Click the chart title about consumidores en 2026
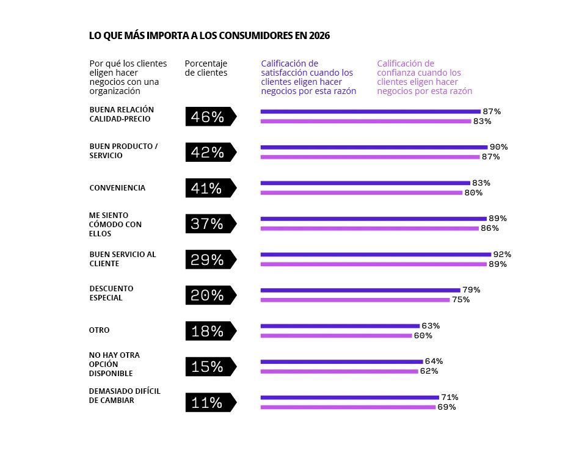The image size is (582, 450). pos(209,36)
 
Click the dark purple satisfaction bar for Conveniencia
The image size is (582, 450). pos(365,183)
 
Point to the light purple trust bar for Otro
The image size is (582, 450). pos(336,335)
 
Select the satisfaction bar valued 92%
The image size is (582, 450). pos(376,254)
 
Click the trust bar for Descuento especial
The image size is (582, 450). pos(355,300)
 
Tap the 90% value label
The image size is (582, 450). pos(498,147)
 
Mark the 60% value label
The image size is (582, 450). pos(423,335)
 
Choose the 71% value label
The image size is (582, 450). pos(449,397)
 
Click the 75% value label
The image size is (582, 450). pos(460,300)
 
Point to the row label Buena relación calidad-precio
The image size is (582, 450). pos(122,114)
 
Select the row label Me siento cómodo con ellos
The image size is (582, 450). pos(115,224)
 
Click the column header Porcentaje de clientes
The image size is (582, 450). pos(206,68)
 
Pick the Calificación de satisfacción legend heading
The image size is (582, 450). pos(308,77)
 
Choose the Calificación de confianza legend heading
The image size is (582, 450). pos(424,77)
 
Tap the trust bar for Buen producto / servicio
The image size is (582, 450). pos(369,157)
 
